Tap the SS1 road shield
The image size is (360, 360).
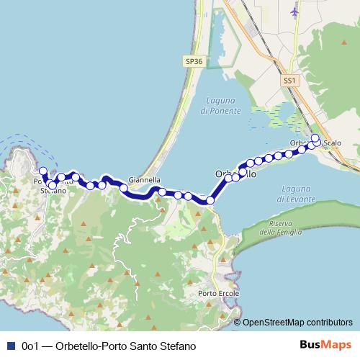click(x=289, y=82)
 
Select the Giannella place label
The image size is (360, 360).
click(x=144, y=180)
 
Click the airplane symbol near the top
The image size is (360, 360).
click(x=294, y=12)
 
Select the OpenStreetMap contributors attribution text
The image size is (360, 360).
click(x=297, y=322)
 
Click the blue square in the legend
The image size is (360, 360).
click(x=10, y=346)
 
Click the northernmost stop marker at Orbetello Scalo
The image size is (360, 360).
click(x=315, y=138)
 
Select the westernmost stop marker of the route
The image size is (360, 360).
click(x=42, y=171)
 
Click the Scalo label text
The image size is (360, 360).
click(x=333, y=143)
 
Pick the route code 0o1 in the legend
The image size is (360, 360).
click(x=30, y=346)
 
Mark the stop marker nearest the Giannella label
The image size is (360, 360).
click(x=124, y=189)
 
